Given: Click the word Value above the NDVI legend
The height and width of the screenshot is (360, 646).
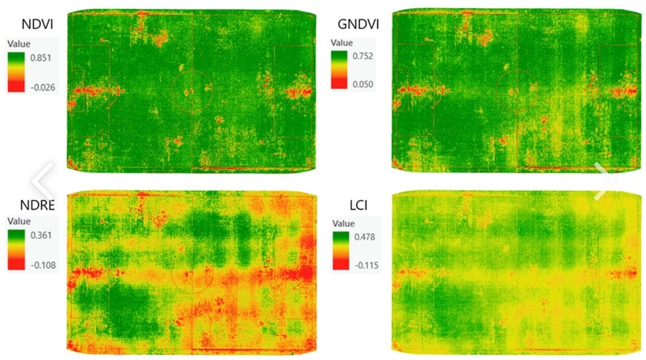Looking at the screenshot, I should tap(19, 44).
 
